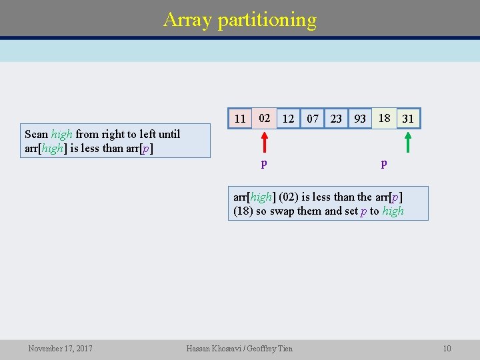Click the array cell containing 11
point(240,119)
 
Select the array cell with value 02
point(264,118)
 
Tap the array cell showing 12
point(288,119)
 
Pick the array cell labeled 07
point(312,119)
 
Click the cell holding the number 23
point(336,119)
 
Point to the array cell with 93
point(360,119)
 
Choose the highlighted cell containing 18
point(384,118)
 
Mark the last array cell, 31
point(408,119)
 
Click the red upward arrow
point(264,143)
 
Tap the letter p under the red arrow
point(264,163)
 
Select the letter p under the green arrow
point(383,163)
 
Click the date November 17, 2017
point(60,348)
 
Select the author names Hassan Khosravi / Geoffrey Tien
point(239,348)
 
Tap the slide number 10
point(447,348)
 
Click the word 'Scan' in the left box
point(36,134)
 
